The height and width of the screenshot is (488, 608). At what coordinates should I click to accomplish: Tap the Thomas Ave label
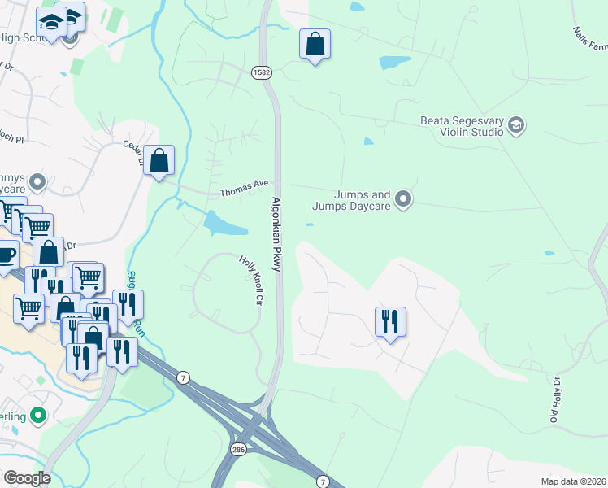tap(244, 192)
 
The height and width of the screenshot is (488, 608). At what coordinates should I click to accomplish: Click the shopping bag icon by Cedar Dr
tap(160, 160)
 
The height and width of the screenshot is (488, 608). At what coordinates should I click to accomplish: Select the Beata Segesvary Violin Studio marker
tap(515, 125)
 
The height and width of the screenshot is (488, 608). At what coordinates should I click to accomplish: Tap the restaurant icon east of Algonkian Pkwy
tap(390, 321)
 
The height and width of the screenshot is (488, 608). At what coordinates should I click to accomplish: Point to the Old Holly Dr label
tap(557, 399)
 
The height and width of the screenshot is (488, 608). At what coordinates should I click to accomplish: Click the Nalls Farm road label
tap(589, 42)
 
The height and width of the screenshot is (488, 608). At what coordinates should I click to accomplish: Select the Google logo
tap(26, 477)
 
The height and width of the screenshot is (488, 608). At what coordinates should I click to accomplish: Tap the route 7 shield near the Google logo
tap(185, 377)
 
